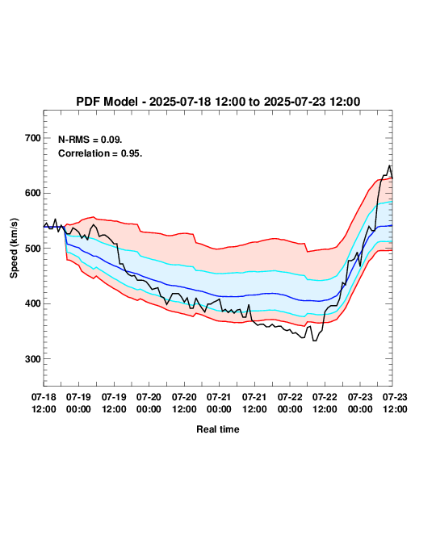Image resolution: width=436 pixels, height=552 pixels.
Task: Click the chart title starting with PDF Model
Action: (x=218, y=102)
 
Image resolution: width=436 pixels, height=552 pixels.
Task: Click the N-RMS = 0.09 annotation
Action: (x=90, y=140)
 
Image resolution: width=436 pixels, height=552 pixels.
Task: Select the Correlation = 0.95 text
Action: (x=100, y=153)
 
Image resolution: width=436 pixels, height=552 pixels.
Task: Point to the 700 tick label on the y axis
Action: (x=33, y=138)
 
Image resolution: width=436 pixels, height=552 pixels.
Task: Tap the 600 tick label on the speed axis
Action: (x=33, y=193)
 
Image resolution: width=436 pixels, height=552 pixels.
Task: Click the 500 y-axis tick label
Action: (x=33, y=249)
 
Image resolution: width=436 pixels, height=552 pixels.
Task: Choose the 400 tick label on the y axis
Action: (x=33, y=303)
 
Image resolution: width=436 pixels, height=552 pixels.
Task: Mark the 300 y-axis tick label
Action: (x=33, y=359)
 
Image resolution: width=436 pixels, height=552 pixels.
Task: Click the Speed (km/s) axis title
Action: (x=14, y=249)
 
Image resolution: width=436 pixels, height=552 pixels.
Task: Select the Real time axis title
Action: (x=218, y=429)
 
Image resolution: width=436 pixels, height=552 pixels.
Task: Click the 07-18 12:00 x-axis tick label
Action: (x=44, y=403)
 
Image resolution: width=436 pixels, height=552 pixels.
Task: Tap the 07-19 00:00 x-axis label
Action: (x=78, y=403)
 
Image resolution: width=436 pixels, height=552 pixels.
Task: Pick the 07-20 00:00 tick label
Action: (x=149, y=403)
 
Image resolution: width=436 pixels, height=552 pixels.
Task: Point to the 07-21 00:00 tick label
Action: (x=219, y=403)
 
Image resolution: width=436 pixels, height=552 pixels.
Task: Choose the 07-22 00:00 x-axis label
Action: (x=290, y=403)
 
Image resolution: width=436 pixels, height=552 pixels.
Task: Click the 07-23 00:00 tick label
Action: (x=360, y=403)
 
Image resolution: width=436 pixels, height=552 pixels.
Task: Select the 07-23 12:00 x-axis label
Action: (x=395, y=403)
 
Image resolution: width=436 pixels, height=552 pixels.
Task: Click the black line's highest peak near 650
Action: (x=389, y=165)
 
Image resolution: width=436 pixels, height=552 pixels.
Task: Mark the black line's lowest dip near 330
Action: (x=315, y=341)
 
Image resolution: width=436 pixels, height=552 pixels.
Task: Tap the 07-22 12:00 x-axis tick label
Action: (x=325, y=403)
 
